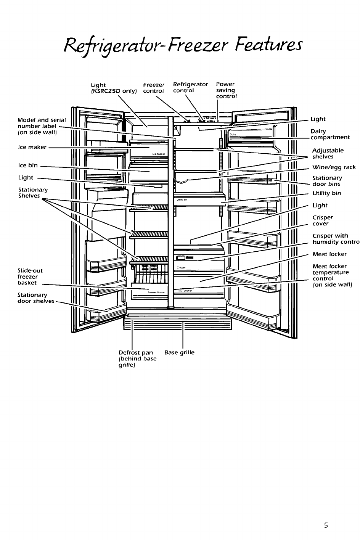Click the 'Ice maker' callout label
point(32,147)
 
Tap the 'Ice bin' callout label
point(28,166)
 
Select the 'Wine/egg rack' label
point(334,167)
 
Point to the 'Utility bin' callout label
point(326,193)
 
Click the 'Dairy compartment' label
point(329,134)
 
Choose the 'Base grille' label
point(179,352)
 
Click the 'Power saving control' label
point(226,90)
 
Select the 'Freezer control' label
point(154,88)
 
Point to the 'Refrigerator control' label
point(190,87)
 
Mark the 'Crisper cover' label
point(323,220)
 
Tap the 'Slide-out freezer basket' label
point(30,276)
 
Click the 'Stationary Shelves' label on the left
point(33,193)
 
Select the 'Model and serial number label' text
point(42,126)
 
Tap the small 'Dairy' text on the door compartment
point(233,134)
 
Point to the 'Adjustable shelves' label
point(328,153)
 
